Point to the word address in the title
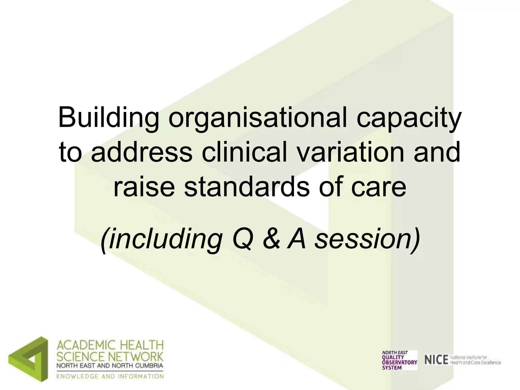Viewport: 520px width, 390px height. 141,152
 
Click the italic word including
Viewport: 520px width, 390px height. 161,239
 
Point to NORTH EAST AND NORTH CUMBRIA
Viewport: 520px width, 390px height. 110,366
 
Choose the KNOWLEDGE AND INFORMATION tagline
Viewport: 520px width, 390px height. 110,376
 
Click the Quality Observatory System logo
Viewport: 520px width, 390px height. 399,360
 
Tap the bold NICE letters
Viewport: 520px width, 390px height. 436,360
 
